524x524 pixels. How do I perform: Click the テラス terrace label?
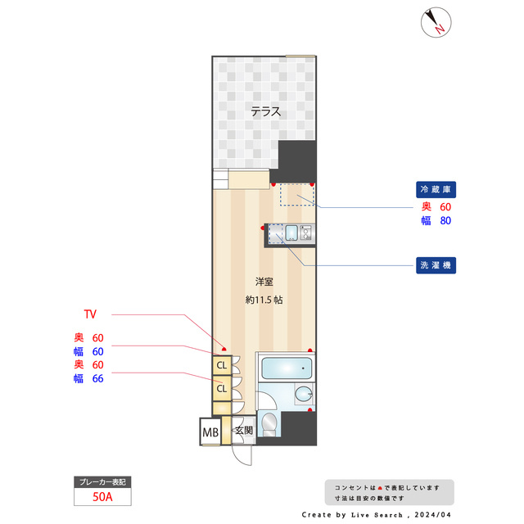(x=266, y=112)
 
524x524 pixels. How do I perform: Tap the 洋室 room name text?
(x=264, y=281)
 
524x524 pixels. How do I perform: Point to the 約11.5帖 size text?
(x=264, y=300)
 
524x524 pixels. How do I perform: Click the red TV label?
(x=90, y=314)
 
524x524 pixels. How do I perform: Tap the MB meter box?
(x=210, y=431)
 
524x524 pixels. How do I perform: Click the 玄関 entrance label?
(x=243, y=431)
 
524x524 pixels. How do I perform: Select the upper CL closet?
(x=221, y=365)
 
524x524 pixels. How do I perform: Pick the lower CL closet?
(x=221, y=389)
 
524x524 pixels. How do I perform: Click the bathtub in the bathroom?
(x=285, y=368)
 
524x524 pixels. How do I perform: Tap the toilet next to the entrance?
(x=268, y=423)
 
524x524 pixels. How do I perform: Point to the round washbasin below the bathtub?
(x=305, y=395)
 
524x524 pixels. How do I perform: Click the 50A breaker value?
(x=102, y=496)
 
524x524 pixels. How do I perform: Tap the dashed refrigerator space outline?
(x=296, y=194)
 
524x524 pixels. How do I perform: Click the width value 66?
(x=97, y=377)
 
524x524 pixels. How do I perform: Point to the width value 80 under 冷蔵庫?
(x=445, y=220)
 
